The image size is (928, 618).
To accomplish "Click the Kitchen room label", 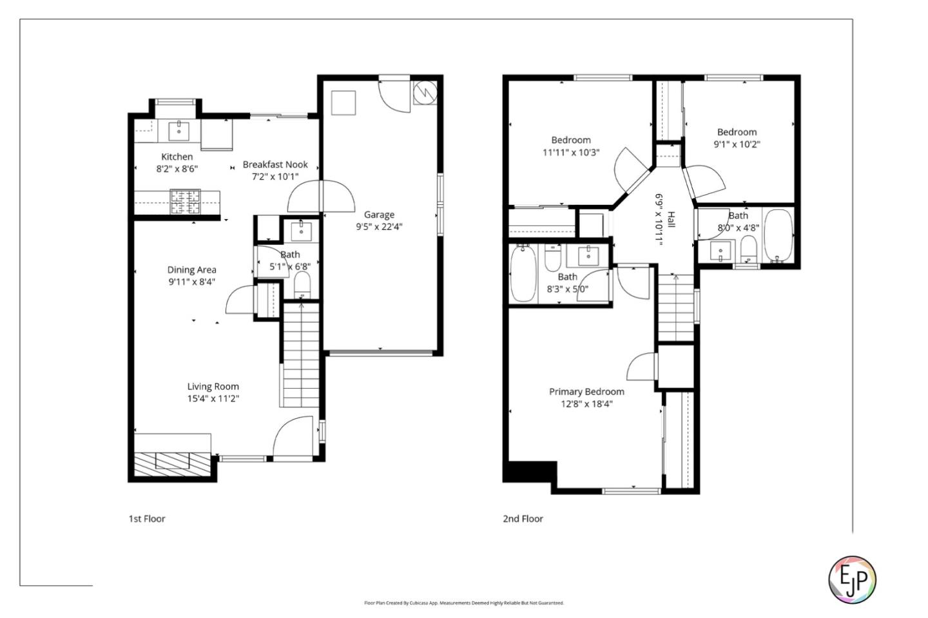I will click(177, 157).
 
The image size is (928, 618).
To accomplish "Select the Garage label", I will click(379, 215).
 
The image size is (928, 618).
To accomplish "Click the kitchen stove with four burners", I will click(186, 201).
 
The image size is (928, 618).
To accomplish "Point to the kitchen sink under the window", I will click(179, 131).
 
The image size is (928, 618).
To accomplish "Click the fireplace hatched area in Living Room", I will click(173, 463).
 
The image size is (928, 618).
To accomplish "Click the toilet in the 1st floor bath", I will click(302, 284).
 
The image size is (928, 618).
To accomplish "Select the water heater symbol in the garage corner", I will click(425, 92).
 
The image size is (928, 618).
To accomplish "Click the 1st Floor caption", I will click(147, 519).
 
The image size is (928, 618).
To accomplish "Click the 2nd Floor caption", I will click(523, 519).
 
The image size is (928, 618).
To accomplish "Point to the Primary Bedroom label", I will click(586, 392).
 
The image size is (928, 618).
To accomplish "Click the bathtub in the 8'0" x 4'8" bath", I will click(778, 237).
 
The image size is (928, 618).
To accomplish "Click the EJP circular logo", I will click(852, 579).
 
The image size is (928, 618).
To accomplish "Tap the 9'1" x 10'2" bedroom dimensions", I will click(737, 144).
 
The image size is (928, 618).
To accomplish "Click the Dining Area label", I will click(191, 270).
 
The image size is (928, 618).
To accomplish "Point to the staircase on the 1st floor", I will click(301, 354).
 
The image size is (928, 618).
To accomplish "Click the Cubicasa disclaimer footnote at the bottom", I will click(464, 603).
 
